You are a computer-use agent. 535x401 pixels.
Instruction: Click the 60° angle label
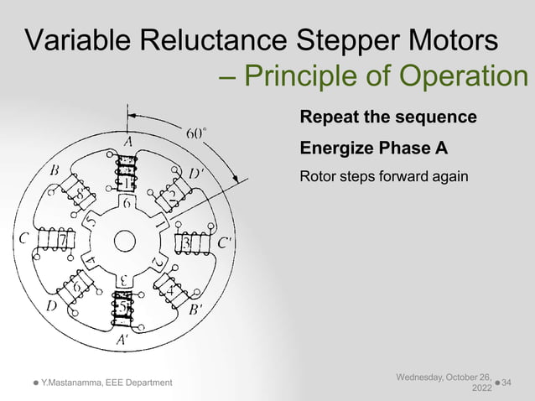(196, 133)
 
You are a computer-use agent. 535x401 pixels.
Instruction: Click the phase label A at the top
(128, 143)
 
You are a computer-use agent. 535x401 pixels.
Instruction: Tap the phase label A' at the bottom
(122, 340)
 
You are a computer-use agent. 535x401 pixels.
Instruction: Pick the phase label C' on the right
(226, 243)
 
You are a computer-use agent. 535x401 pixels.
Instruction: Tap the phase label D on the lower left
(50, 307)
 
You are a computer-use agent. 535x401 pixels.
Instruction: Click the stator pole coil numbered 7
(62, 241)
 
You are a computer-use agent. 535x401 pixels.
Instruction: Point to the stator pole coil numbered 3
(186, 242)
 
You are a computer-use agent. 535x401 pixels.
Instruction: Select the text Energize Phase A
(373, 148)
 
